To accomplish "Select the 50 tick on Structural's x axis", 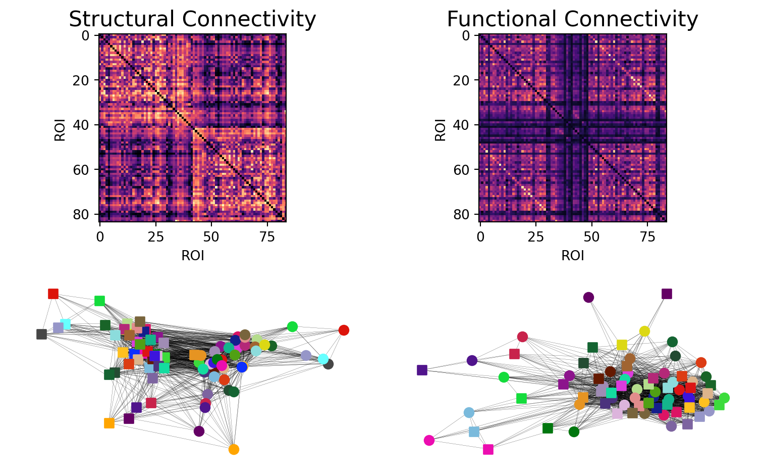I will pyautogui.click(x=211, y=235).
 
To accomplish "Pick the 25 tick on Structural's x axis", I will pyautogui.click(x=155, y=235).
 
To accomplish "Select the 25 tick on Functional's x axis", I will pyautogui.click(x=536, y=235).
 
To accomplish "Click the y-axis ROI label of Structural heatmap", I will pyautogui.click(x=60, y=128).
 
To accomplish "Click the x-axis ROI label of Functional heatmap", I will pyautogui.click(x=573, y=256).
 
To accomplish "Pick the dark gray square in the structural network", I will pyautogui.click(x=42, y=334).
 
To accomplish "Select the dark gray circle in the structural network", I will pyautogui.click(x=329, y=364).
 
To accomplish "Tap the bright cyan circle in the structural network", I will pyautogui.click(x=323, y=359).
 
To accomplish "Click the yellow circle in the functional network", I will pyautogui.click(x=644, y=331).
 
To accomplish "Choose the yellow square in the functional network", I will pyautogui.click(x=622, y=345).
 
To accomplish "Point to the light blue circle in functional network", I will pyautogui.click(x=469, y=412).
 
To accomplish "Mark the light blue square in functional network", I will pyautogui.click(x=474, y=432).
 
